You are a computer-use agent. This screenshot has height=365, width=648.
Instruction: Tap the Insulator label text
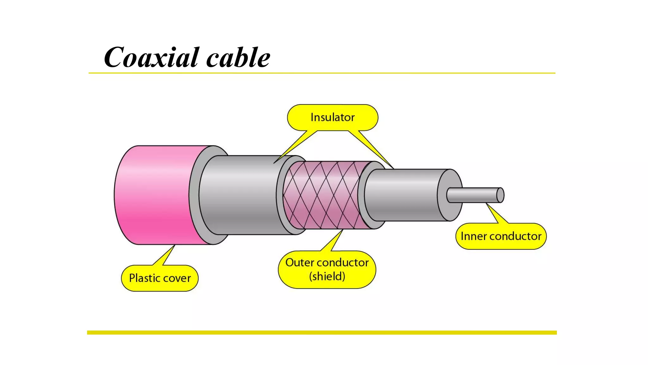[x=333, y=117]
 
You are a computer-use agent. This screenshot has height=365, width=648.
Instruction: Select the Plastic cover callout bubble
[x=160, y=278]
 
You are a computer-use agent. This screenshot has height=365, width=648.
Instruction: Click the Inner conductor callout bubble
[x=501, y=236]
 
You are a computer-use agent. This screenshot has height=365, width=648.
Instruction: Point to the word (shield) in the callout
[x=327, y=276]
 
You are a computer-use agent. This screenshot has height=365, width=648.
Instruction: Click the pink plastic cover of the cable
[x=155, y=195]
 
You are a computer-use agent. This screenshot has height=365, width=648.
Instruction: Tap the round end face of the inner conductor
[x=500, y=195]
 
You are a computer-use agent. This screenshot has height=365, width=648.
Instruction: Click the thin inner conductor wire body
[x=471, y=195]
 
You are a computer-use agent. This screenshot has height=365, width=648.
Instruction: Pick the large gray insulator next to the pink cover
[x=240, y=195]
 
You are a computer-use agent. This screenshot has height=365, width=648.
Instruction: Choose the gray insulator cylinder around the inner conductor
[x=405, y=195]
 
